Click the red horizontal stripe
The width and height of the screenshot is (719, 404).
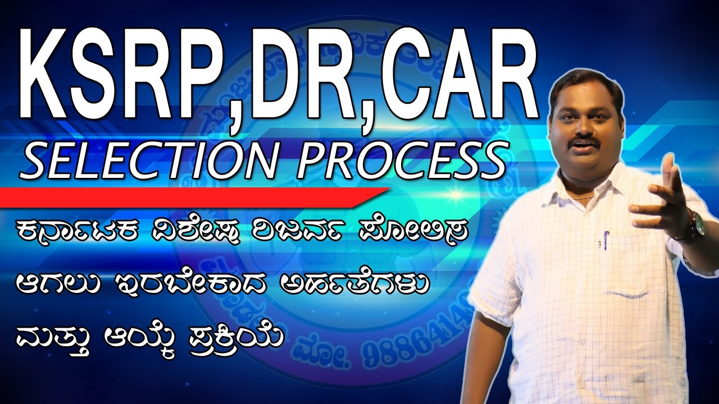(x=191, y=196)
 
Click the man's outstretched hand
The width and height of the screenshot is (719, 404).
(x=666, y=194)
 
